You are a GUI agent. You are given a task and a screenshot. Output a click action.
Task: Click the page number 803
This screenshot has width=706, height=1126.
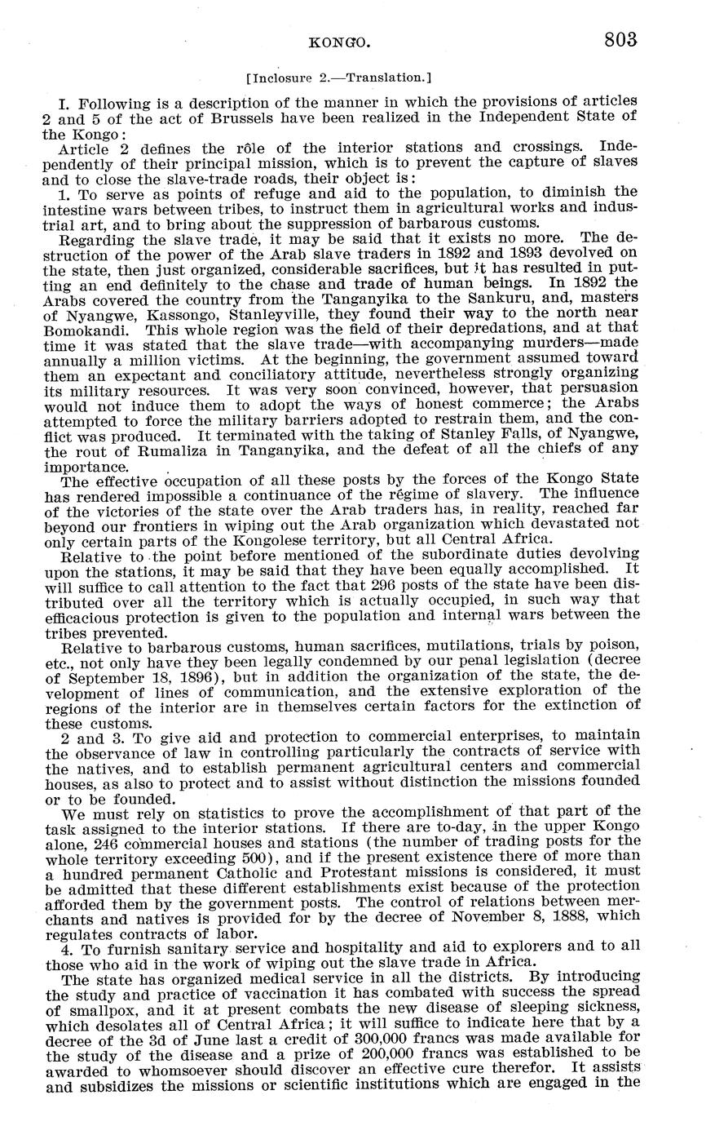tap(620, 39)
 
